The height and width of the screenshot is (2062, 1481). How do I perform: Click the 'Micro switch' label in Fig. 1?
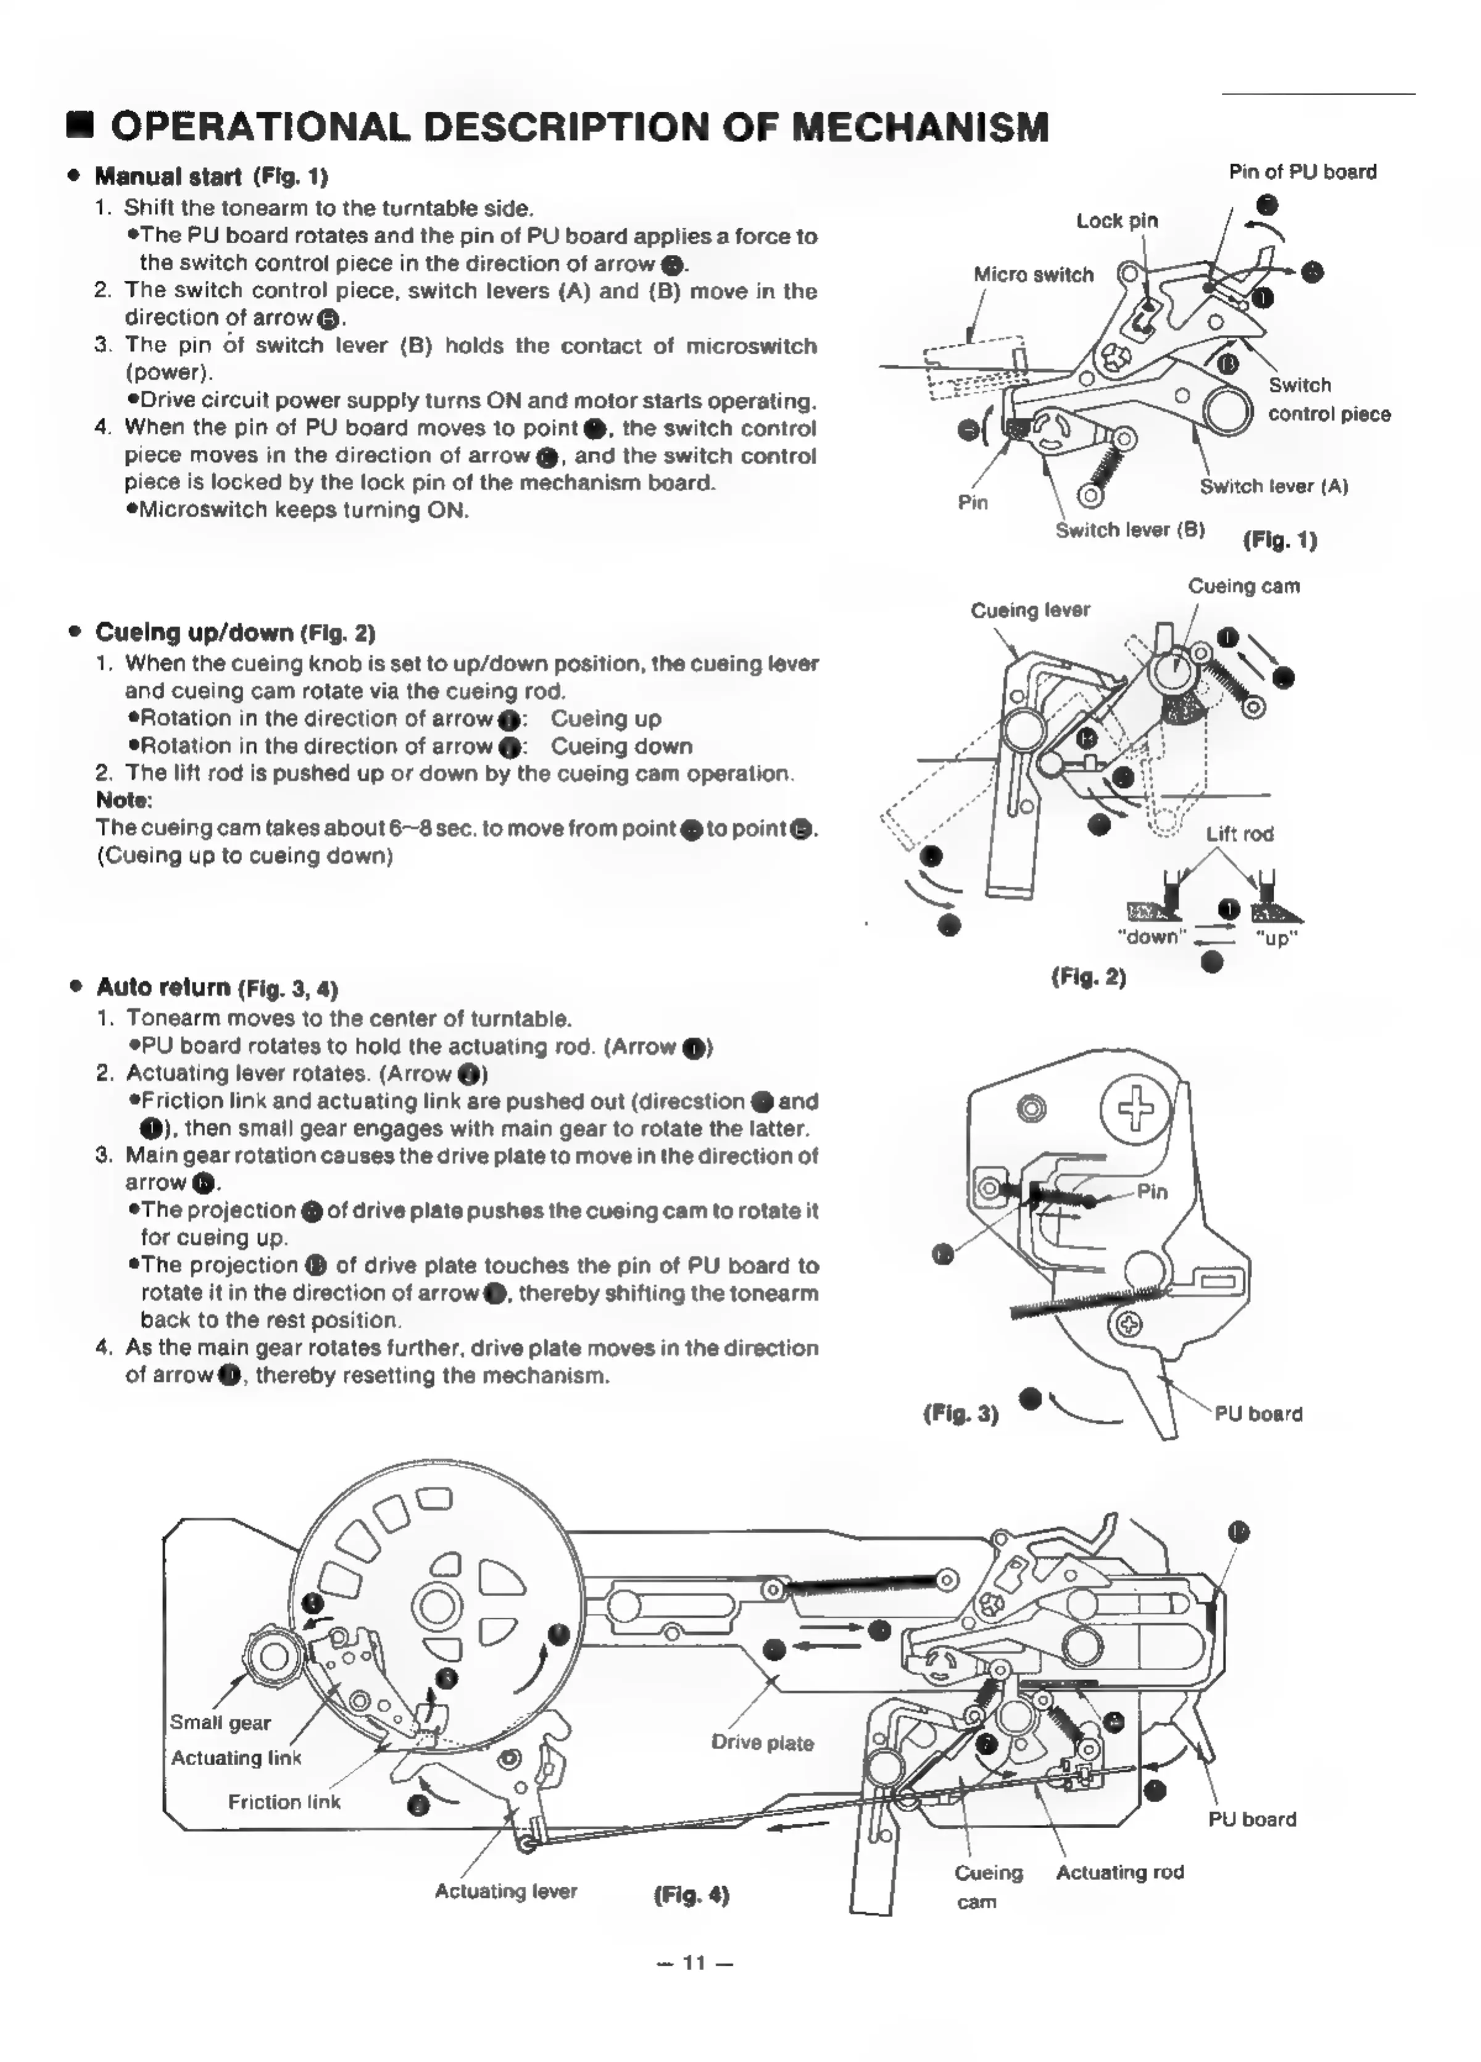[x=1033, y=275]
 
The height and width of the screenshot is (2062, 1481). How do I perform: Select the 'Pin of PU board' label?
[x=1302, y=172]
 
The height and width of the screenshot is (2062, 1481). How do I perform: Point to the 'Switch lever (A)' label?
[x=1273, y=486]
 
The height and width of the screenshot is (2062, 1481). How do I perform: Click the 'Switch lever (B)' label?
[x=1129, y=530]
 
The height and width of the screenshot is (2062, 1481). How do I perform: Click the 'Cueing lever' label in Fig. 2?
[x=1029, y=610]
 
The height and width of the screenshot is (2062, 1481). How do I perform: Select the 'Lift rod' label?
[x=1239, y=834]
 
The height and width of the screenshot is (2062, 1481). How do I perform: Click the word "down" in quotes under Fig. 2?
[x=1151, y=937]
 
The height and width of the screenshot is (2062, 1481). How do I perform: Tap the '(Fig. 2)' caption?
[x=1089, y=977]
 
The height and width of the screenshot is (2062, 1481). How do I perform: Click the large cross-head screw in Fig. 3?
[x=1134, y=1108]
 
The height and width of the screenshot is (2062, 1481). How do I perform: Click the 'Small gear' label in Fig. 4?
[x=220, y=1722]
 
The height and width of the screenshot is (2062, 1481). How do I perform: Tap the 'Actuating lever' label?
[x=505, y=1891]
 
